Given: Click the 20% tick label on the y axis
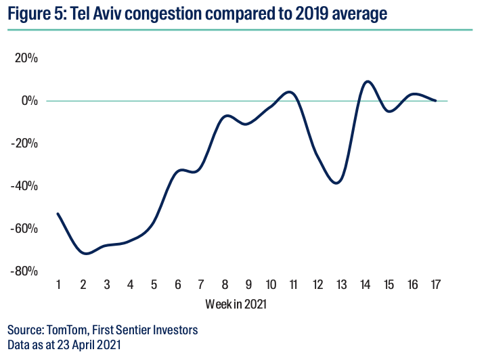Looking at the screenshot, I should (27, 58).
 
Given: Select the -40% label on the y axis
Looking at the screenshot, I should (26, 186).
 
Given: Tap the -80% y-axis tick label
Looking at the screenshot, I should (26, 271).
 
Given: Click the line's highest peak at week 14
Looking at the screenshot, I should (368, 81).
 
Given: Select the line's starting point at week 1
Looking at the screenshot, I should (58, 214).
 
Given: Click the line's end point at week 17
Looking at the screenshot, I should (435, 101).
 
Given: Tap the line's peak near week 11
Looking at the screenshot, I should (290, 91).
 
